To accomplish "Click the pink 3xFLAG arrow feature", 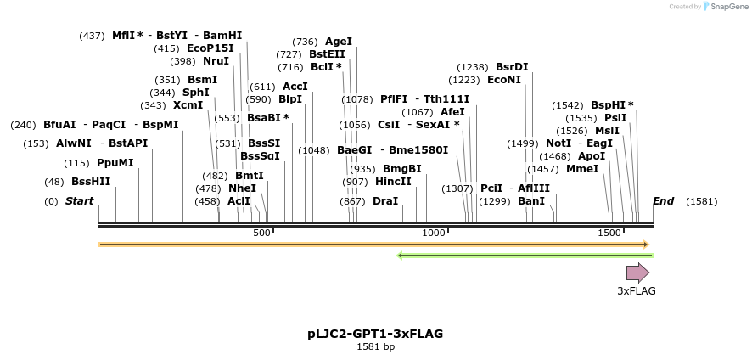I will point(637,273).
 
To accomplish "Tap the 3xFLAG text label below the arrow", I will point(636,291).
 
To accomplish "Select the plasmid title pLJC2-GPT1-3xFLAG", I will point(375,334).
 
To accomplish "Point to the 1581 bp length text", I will point(375,346).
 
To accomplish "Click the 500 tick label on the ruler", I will point(261,233).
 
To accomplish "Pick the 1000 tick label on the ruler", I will point(434,233).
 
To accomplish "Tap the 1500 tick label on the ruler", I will point(609,233).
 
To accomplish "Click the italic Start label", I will point(79,201).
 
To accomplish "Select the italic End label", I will point(663,201).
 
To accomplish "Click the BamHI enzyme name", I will point(222,36).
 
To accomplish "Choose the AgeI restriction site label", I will point(339,42).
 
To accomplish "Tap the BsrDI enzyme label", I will point(512,67).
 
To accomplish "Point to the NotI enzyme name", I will point(558,143).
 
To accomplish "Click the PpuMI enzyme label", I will point(115,163).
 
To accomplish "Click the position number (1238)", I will point(473,67).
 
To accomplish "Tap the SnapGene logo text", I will point(729,7).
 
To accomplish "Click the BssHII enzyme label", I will point(91,182).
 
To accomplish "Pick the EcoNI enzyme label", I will point(504,80).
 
